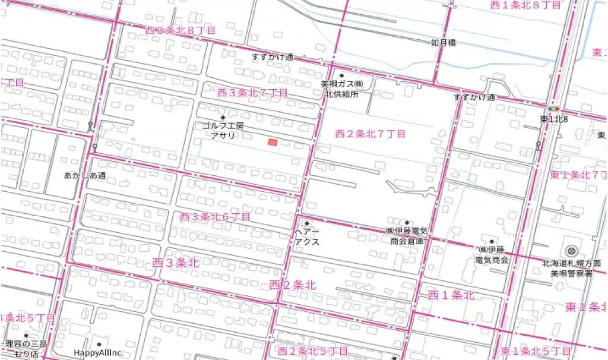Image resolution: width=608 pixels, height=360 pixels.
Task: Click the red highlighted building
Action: tap(273, 143)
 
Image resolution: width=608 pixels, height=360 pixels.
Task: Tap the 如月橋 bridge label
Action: tap(444, 43)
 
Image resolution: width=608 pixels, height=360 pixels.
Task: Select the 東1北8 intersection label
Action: tap(553, 119)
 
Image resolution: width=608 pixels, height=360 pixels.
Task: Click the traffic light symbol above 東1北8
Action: tap(554, 109)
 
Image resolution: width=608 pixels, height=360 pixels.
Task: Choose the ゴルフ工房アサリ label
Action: tap(223, 131)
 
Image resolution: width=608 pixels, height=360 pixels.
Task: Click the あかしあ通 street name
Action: tap(84, 175)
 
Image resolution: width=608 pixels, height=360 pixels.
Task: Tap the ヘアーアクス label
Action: tap(307, 237)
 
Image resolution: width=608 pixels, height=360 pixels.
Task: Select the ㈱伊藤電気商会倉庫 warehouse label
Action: tap(407, 236)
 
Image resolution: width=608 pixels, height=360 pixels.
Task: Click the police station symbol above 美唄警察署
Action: tap(571, 251)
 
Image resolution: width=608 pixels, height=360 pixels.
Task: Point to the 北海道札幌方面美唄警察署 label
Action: tap(571, 268)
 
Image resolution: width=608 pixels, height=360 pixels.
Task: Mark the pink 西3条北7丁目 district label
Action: tap(252, 93)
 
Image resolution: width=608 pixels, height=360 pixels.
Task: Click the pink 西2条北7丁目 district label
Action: tap(370, 134)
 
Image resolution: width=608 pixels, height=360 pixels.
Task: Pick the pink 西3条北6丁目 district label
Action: tap(215, 217)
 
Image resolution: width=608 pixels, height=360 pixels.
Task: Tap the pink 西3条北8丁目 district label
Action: tap(180, 30)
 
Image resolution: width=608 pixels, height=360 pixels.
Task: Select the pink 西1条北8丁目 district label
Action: tap(525, 5)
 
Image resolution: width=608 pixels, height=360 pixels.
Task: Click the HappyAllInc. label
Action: tap(99, 352)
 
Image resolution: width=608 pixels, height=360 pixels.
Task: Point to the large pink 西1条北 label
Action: tap(452, 295)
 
